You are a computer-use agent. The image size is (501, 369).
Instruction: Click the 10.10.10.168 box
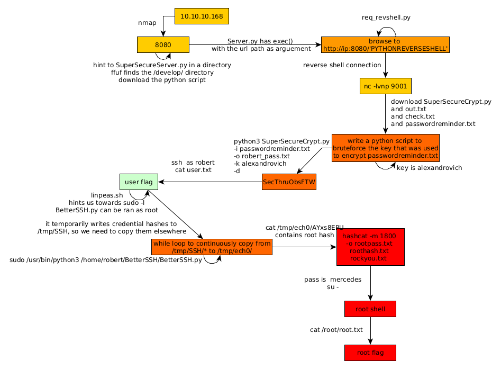click(202, 16)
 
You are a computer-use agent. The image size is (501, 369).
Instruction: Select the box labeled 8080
click(163, 45)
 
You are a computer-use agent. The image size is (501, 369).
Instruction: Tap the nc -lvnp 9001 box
click(385, 86)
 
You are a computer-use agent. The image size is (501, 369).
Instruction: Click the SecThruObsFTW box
click(289, 182)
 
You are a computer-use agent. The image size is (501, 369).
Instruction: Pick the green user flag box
click(139, 182)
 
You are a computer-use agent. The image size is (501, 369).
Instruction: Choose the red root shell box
click(370, 309)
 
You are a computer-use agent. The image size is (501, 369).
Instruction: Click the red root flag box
click(370, 353)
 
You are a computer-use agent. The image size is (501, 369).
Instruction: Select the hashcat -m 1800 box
click(370, 247)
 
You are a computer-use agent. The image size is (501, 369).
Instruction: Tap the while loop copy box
click(212, 247)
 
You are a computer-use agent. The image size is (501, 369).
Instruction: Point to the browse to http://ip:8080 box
click(385, 44)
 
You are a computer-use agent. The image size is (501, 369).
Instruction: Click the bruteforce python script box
click(385, 148)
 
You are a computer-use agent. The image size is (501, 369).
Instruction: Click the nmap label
click(147, 23)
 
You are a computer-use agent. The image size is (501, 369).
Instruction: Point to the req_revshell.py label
click(386, 17)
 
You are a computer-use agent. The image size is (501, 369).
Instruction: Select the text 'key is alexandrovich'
click(429, 168)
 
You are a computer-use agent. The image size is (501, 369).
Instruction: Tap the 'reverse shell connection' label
click(342, 65)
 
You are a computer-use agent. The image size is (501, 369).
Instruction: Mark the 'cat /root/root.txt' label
click(336, 330)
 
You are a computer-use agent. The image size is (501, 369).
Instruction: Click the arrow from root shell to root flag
click(370, 331)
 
